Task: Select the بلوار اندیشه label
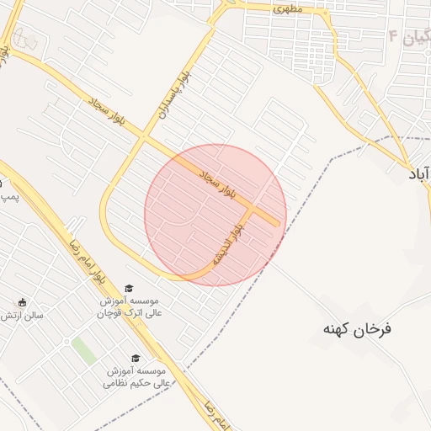coord(230,244)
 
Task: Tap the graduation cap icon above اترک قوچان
coord(129,288)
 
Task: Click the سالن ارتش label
coord(22,316)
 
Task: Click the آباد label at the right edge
coord(418,173)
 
